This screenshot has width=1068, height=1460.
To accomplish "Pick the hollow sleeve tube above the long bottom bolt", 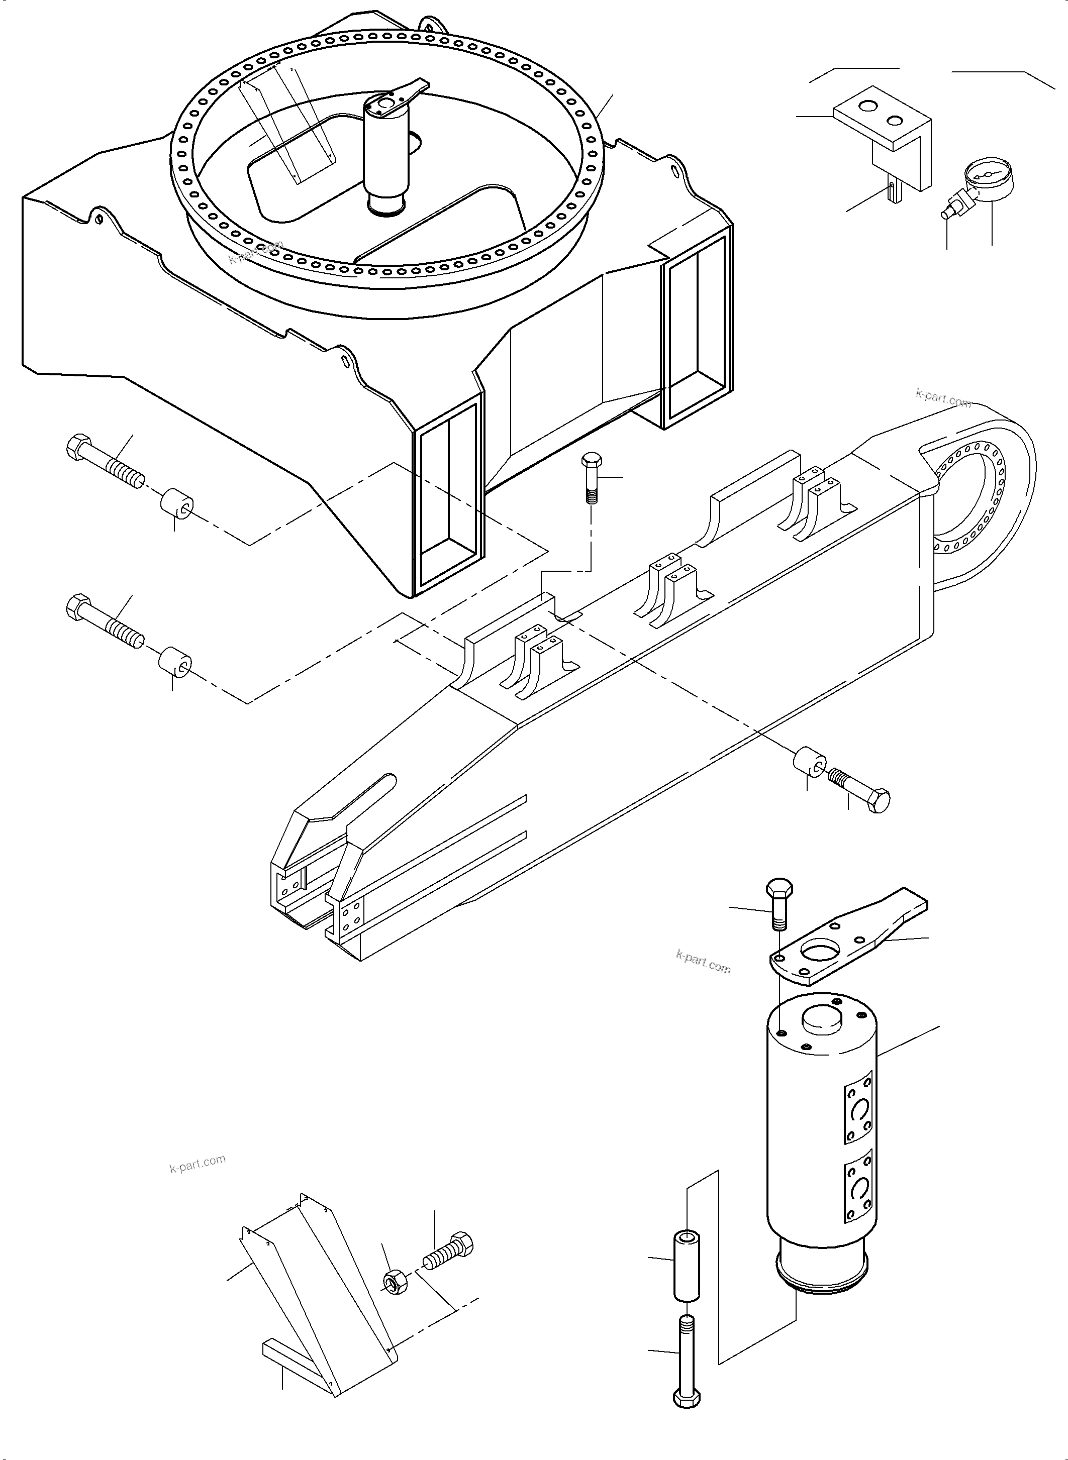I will pyautogui.click(x=687, y=1266).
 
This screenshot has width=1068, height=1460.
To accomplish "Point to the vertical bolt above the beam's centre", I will pyautogui.click(x=592, y=478).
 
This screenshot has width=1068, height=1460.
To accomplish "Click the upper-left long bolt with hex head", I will pyautogui.click(x=105, y=463).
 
